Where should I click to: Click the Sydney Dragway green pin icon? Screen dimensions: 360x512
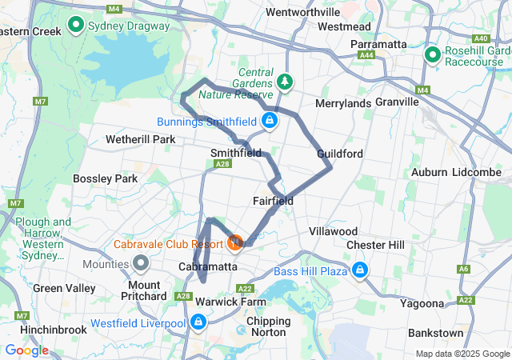coord(77,24)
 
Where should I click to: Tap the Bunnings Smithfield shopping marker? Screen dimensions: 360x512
coord(270,122)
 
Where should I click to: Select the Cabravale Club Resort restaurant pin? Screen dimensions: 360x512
coord(235,242)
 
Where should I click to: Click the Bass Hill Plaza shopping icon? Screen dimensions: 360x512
coord(360,270)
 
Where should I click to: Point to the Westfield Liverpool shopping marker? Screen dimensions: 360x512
coord(198,322)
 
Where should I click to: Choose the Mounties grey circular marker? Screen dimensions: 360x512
coord(142,261)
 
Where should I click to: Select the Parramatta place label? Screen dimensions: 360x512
coord(379,43)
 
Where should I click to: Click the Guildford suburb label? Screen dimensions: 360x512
coord(340,153)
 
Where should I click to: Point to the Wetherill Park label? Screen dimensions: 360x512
coord(140,139)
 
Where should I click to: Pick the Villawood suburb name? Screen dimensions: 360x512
coord(333,231)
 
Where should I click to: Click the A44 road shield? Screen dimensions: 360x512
coord(367,55)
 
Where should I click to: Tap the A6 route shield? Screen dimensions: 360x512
coord(465,269)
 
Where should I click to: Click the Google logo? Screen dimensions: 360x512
coord(26,350)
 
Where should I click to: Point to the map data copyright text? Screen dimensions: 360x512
coord(462,354)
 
